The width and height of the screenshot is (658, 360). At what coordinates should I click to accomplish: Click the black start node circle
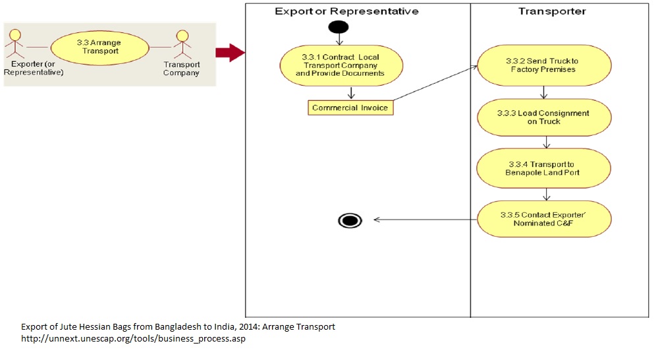(x=339, y=28)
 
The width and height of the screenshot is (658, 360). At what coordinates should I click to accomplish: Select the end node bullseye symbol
(x=350, y=220)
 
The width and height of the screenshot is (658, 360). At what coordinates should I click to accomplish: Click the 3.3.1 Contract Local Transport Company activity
(x=341, y=65)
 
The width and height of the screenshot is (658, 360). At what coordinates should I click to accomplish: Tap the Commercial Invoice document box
(x=350, y=107)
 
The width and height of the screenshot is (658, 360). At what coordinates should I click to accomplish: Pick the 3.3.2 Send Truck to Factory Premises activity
(x=544, y=65)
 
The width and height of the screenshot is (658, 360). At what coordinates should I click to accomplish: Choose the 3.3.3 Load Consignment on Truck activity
(x=544, y=117)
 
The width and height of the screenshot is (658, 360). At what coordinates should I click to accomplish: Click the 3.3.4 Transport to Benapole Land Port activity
(x=544, y=168)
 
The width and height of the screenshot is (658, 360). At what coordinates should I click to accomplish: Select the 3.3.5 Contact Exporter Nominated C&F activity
(x=544, y=219)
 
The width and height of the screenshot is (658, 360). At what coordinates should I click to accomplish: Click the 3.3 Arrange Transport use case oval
(x=99, y=47)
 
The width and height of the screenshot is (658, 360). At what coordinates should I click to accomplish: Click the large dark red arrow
(x=230, y=53)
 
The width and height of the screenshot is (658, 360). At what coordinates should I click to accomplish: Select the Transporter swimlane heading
(x=552, y=11)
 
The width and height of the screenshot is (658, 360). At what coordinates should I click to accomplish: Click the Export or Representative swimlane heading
(x=346, y=11)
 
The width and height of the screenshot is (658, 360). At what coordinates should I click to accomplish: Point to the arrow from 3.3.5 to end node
(x=425, y=220)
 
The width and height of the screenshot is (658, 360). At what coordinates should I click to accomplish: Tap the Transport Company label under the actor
(x=181, y=69)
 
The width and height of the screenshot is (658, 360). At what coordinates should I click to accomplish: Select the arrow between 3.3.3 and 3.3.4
(x=545, y=142)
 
